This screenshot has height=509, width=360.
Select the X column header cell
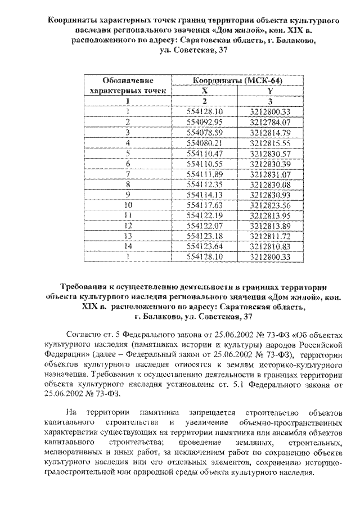pyautogui.click(x=205, y=91)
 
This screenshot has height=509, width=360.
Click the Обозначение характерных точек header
pyautogui.click(x=128, y=85)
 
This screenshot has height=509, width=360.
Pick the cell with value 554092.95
pyautogui.click(x=205, y=121)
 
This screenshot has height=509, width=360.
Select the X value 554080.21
pyautogui.click(x=205, y=142)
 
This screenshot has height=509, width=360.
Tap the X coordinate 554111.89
pyautogui.click(x=205, y=173)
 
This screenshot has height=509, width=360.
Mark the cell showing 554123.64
pyautogui.click(x=205, y=246)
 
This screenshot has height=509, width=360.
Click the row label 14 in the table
pyautogui.click(x=128, y=246)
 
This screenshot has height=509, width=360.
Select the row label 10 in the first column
pyautogui.click(x=128, y=205)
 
